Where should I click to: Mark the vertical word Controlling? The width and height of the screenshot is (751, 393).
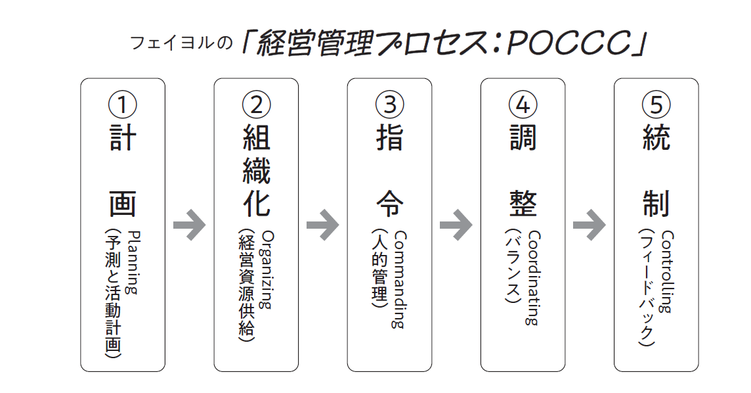tap(668, 271)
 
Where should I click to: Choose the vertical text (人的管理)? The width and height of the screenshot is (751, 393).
tap(379, 269)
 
